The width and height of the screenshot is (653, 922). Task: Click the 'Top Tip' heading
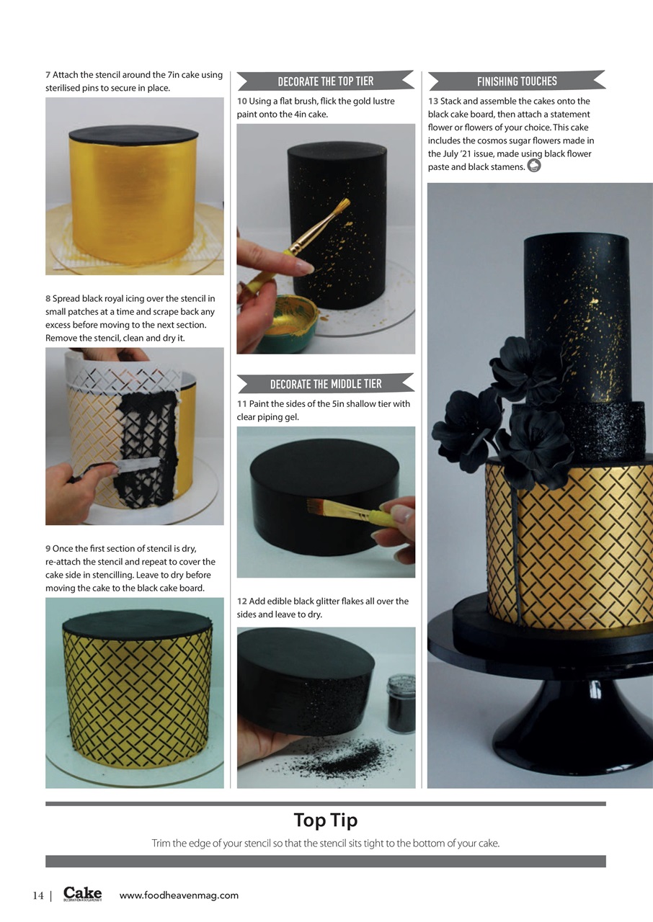point(325,820)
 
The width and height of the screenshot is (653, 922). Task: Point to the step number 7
point(48,75)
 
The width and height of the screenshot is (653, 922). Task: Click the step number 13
point(432,102)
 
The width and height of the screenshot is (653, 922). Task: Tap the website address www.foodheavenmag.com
point(178,895)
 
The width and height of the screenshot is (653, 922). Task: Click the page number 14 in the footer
point(38,895)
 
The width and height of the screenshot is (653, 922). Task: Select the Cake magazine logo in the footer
point(82,894)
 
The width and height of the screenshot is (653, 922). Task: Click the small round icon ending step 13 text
point(534,166)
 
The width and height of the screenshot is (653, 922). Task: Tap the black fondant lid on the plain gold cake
point(133,134)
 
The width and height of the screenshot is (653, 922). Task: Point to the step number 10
point(241,102)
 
